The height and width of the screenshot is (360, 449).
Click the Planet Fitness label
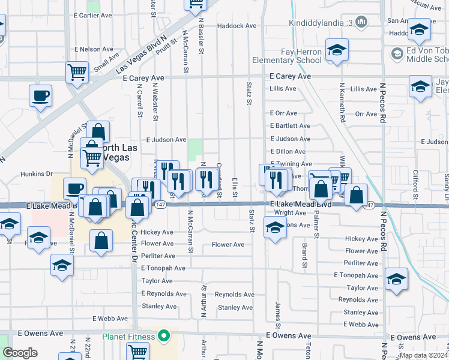pyautogui.click(x=129, y=336)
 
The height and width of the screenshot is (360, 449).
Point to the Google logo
pyautogui.click(x=20, y=353)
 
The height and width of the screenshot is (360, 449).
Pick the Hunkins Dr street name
pyautogui.click(x=37, y=174)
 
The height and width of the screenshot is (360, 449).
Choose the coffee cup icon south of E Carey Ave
pyautogui.click(x=40, y=96)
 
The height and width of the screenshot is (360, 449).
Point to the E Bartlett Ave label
pyautogui.click(x=290, y=126)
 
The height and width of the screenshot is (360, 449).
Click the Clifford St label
pyautogui.click(x=415, y=184)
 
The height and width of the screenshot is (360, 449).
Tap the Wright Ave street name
pyautogui.click(x=290, y=212)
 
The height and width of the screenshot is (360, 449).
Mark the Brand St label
pyautogui.click(x=305, y=256)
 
